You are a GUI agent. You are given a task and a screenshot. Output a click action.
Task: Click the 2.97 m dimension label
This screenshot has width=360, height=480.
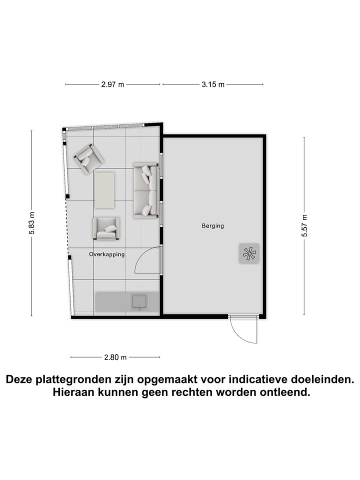112,84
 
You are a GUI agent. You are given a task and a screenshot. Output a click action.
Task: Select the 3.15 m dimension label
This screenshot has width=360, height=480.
213,84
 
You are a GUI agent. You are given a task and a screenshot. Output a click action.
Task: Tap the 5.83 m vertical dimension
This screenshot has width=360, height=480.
31,223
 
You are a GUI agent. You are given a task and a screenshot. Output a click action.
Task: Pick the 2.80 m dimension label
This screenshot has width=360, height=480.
115,357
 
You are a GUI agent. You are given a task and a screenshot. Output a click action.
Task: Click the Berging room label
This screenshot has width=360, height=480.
212,226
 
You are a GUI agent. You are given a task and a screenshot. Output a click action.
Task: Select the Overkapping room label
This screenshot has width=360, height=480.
106,254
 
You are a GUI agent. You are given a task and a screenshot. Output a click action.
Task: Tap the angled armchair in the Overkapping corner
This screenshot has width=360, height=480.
88,158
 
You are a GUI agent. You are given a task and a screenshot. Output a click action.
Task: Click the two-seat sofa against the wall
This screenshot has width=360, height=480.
145,190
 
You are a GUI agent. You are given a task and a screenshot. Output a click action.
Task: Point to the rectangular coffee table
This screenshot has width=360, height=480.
104,189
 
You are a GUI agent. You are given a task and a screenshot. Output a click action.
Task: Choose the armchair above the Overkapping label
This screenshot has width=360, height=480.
106,228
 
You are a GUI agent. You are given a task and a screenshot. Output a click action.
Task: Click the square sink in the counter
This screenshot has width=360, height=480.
138,302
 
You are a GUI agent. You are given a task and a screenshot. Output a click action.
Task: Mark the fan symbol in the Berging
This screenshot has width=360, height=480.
248,254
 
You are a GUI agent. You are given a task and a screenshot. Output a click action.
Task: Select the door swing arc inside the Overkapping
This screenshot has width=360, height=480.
148,260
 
